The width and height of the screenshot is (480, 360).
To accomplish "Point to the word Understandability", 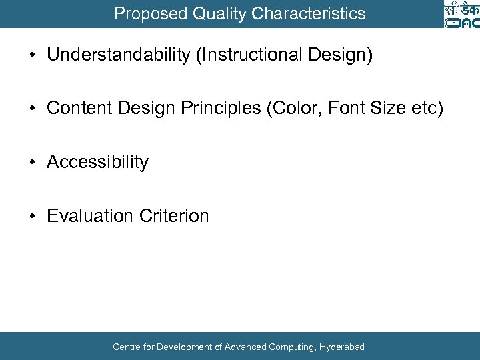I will pos(118,55).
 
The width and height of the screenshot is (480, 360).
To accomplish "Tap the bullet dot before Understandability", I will pos(32,55).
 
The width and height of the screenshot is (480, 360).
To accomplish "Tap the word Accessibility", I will pos(97,162).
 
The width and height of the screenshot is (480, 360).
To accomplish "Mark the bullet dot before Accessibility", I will pos(32,162).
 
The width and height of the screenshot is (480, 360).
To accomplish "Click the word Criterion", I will pos(174,216).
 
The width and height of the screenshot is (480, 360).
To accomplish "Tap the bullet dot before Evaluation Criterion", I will pos(32,216).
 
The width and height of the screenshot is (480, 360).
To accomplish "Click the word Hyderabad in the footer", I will pos(341,347).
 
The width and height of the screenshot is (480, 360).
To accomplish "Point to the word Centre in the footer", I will pos(126,347).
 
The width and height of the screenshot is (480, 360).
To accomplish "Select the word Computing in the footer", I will pos(291,347).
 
